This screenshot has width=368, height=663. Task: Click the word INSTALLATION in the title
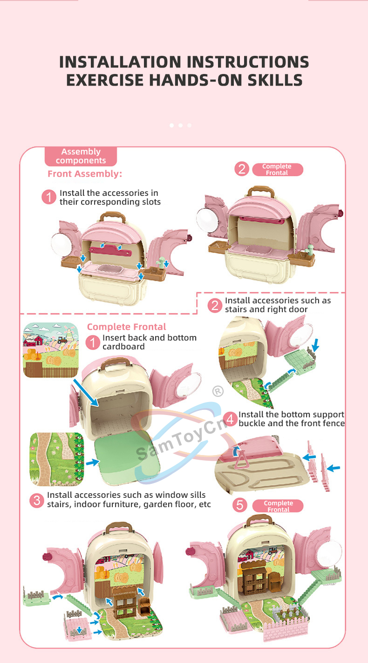[x=120, y=62]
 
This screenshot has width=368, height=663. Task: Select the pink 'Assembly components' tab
[x=81, y=156]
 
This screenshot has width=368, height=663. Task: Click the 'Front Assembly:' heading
[x=85, y=174]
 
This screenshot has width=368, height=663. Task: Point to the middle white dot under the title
[x=180, y=126]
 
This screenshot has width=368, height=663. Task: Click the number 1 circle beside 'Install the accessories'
[x=49, y=197]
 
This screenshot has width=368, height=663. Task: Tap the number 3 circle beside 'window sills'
[x=37, y=500]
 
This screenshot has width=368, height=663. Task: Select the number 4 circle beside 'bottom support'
[x=230, y=419]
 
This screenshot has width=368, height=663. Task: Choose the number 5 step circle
[x=240, y=505]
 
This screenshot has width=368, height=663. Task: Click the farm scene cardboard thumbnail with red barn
[x=51, y=350]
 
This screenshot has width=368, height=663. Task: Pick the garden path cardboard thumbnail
[x=57, y=459]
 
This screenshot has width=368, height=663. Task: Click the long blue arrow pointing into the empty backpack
[x=86, y=393]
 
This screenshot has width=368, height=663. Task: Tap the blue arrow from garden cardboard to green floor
[x=92, y=462]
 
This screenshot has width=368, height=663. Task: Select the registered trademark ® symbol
[x=218, y=391]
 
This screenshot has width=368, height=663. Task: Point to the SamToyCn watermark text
[x=181, y=439]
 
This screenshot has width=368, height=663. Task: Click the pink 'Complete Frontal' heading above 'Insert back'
[x=127, y=327]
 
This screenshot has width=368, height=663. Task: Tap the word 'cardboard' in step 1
[x=123, y=347]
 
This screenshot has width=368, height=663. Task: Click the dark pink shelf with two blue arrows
[x=110, y=251]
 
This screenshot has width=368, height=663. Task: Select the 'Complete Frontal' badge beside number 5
[x=278, y=506]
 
